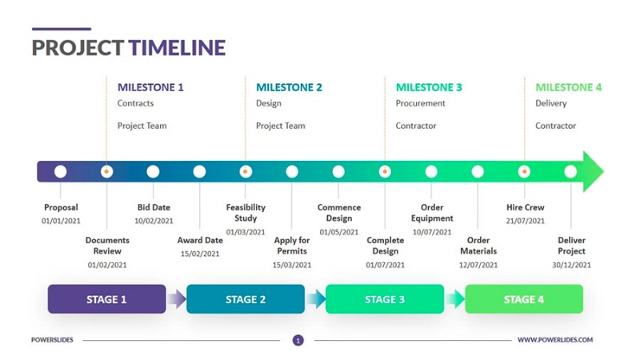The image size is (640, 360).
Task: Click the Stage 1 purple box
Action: pyautogui.click(x=106, y=299)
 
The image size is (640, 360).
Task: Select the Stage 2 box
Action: pyautogui.click(x=246, y=299)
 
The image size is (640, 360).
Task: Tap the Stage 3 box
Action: pyautogui.click(x=385, y=299)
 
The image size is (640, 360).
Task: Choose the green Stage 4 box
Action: pyautogui.click(x=524, y=299)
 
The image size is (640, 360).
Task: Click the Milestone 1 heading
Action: pyautogui.click(x=150, y=87)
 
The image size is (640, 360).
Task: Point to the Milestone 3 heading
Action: pyautogui.click(x=429, y=87)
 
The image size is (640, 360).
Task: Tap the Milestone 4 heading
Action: pyautogui.click(x=568, y=87)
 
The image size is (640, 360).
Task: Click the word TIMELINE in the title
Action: pyautogui.click(x=177, y=47)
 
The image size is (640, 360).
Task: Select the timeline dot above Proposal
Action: pyautogui.click(x=61, y=171)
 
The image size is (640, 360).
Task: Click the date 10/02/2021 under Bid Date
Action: pyautogui.click(x=153, y=221)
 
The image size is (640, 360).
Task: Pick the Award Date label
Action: pyautogui.click(x=200, y=240)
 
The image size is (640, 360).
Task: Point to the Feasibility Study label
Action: pyautogui.click(x=246, y=213)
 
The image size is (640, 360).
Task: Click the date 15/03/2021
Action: pyautogui.click(x=292, y=265)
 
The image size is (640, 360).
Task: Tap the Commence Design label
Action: pyautogui.click(x=339, y=213)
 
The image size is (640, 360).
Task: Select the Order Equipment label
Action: pyautogui.click(x=432, y=213)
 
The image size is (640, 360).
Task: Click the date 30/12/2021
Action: pyautogui.click(x=571, y=265)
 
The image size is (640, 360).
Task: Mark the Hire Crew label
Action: pyautogui.click(x=525, y=207)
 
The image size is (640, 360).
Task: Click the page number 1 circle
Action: pyautogui.click(x=298, y=340)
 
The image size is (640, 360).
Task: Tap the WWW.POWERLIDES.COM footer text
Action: pyautogui.click(x=555, y=340)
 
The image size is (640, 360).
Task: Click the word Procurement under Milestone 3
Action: pyautogui.click(x=420, y=103)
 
